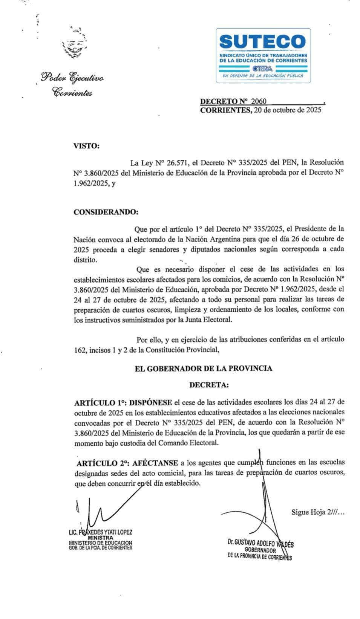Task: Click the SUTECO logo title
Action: pos(263,42)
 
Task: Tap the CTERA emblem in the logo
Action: pos(263,69)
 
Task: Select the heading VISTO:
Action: pos(86,146)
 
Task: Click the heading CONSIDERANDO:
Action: pos(106,212)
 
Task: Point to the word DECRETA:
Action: pos(209,385)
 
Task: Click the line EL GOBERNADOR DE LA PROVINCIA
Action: pos(203,368)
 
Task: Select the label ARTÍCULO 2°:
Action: pos(102,463)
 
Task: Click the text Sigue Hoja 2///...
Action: pos(317,512)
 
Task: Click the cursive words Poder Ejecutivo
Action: pos(73,78)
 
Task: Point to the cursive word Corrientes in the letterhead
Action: pos(72,92)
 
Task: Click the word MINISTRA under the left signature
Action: pos(100,538)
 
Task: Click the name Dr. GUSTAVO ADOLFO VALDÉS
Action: pos(261,543)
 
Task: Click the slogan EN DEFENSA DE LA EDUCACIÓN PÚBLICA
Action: pos(263,76)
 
